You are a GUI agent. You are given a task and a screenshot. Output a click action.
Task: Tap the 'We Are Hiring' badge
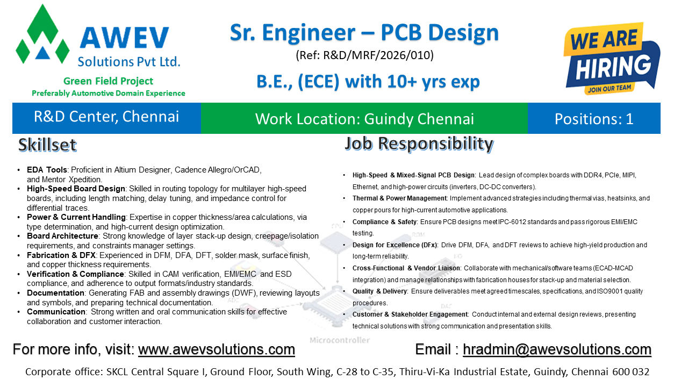coord(611,59)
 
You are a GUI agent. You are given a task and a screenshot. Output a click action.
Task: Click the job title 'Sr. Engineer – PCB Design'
coord(364,33)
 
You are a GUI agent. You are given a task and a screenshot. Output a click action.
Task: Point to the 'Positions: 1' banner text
coord(594,119)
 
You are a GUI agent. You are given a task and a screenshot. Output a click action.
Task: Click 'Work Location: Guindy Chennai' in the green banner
coord(364,119)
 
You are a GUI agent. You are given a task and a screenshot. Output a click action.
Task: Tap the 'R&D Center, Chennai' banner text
coord(106,117)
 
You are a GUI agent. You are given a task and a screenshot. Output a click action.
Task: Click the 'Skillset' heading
coord(47,145)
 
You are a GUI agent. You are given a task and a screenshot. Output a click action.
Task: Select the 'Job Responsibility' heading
coord(419,144)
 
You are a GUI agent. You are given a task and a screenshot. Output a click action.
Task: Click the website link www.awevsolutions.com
coord(217,349)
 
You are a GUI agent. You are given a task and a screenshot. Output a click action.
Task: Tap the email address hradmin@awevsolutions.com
coord(557,349)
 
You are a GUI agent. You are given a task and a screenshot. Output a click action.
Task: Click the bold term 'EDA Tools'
coord(47,170)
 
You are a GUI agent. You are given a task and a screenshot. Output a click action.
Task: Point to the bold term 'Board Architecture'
coord(62,236)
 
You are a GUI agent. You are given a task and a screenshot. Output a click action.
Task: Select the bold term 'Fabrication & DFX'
coord(61,255)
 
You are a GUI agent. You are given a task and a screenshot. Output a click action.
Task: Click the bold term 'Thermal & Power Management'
coord(399,198)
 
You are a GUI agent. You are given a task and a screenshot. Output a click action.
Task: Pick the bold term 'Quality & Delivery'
coord(379,291)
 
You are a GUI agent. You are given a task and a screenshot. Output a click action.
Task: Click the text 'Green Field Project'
coord(108,81)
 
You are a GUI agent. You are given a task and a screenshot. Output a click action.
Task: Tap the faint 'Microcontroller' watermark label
coord(340,340)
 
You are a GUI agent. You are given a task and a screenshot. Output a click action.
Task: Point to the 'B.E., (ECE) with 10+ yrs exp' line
coord(368,82)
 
